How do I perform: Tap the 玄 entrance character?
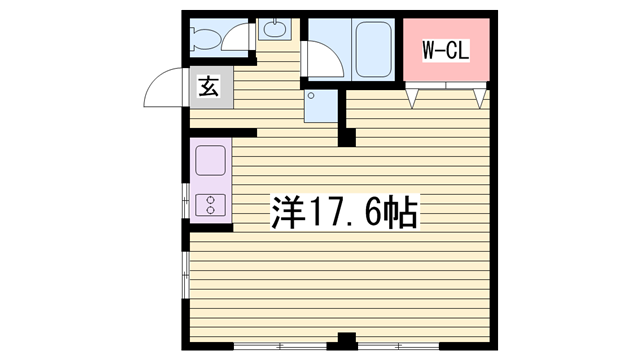208,87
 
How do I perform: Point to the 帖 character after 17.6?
402,212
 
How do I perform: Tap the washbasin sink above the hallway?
273,29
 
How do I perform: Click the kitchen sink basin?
211,160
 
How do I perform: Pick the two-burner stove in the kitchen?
212,206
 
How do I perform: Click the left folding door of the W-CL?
411,98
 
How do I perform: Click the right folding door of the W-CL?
481,98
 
